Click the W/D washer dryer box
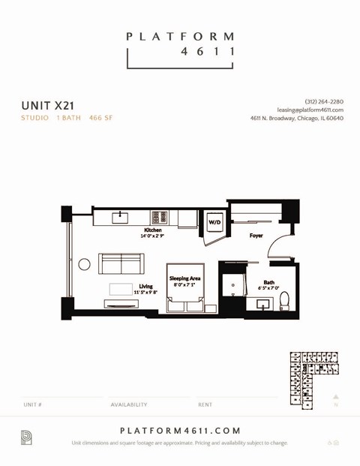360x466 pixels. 214,222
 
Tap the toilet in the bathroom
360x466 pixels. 284,302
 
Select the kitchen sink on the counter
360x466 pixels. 121,218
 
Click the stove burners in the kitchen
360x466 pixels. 159,218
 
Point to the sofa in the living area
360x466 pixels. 121,264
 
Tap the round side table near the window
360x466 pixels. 85,264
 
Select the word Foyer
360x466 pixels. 256,236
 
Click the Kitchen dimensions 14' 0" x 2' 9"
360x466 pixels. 152,236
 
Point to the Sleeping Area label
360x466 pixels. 184,278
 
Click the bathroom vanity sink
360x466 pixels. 263,304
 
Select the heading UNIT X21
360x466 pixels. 47,106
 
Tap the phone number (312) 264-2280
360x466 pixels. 324,101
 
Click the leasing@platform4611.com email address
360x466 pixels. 310,110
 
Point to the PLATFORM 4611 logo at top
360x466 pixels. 180,45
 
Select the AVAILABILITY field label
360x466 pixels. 129,404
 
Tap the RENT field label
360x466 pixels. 205,404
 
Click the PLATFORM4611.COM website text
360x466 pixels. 180,431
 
